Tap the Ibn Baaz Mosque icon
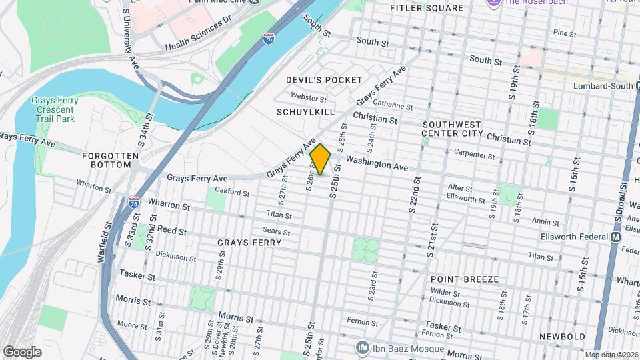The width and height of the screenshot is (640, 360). [362, 347]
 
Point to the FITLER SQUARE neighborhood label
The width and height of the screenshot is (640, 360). [436, 8]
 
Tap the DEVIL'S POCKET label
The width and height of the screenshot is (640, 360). [315, 80]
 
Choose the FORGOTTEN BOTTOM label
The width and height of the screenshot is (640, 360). [111, 160]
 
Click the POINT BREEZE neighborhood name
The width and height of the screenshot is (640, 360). [464, 279]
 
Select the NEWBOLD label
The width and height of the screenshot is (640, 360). [562, 337]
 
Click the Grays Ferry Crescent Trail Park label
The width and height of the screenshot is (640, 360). [55, 109]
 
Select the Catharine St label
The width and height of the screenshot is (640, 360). [393, 105]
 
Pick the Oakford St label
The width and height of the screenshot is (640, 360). [233, 194]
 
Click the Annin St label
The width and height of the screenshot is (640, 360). [545, 221]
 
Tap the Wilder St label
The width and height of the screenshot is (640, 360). [445, 293]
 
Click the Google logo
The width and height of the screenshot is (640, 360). [22, 351]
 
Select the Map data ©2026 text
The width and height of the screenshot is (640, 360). [611, 355]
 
